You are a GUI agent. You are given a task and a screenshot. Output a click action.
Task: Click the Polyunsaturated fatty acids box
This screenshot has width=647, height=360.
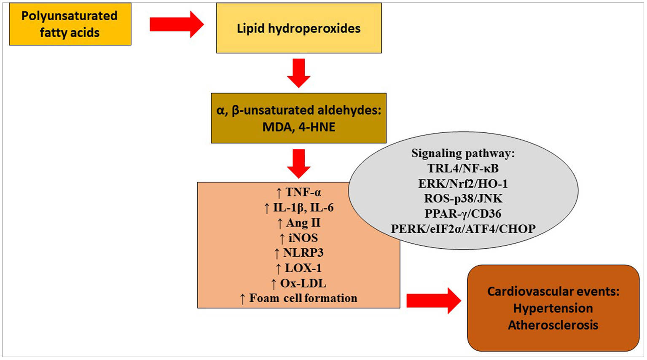tap(70, 24)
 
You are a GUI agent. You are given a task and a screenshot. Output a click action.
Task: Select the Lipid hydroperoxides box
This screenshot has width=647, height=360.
tap(298, 28)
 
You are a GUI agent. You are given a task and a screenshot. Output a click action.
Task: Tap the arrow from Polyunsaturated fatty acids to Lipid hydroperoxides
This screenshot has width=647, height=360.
tap(176, 24)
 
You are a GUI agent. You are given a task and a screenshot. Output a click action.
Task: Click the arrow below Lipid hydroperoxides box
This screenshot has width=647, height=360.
tap(298, 73)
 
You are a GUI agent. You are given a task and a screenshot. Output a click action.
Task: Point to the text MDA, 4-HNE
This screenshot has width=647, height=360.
tap(298, 127)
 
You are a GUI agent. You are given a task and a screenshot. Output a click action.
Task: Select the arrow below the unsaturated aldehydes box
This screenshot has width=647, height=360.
tap(298, 164)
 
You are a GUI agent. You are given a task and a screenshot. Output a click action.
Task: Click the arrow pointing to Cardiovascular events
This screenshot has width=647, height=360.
tap(433, 301)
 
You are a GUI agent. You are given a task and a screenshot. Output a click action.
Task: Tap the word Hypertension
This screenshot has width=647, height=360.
tap(553, 308)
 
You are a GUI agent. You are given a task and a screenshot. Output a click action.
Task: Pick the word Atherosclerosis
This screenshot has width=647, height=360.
tap(553, 325)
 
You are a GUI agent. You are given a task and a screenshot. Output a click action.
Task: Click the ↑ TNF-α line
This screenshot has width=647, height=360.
tap(298, 193)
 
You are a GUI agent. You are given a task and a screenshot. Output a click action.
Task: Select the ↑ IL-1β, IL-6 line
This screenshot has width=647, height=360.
tap(298, 208)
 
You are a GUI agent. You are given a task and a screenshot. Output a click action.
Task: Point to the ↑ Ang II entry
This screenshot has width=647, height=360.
tap(298, 223)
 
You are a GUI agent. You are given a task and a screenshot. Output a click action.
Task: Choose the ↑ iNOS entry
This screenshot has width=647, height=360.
tap(298, 238)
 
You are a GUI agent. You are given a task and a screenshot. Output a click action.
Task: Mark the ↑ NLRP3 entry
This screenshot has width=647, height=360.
tap(298, 253)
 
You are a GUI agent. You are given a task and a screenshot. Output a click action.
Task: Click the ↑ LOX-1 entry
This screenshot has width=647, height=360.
tap(298, 268)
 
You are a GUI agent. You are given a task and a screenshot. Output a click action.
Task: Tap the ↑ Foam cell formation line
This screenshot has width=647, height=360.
tap(298, 298)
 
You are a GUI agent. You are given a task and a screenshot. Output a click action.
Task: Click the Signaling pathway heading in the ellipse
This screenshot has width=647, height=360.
tap(463, 153)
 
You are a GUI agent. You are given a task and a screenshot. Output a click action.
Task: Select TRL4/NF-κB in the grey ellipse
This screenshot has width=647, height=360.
tap(463, 168)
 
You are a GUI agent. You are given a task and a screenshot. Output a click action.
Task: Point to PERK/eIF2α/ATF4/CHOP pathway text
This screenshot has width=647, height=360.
tap(463, 229)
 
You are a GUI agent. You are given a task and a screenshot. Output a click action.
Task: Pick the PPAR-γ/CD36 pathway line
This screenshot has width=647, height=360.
tap(463, 214)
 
